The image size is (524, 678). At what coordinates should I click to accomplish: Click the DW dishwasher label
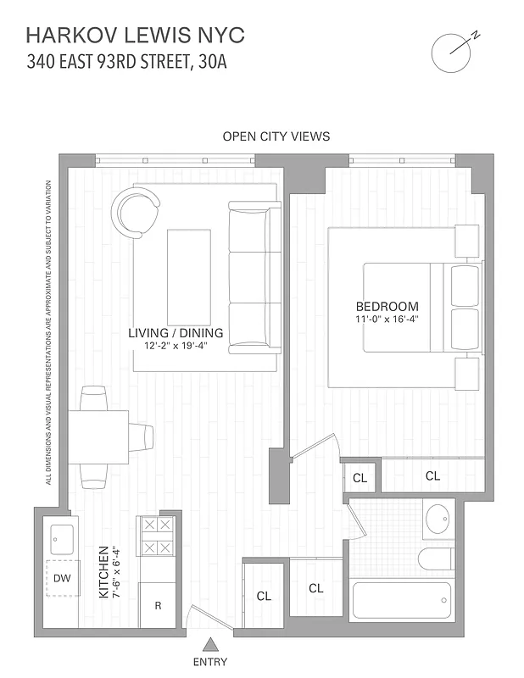(x=61, y=578)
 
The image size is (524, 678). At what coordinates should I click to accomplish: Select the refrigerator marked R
(x=158, y=605)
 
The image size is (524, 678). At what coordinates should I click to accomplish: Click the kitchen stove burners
(x=157, y=536)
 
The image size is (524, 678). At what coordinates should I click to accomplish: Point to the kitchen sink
(x=61, y=536)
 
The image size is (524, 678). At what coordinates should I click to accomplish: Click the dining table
(x=99, y=436)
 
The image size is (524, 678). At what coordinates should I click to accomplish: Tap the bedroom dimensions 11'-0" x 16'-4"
(x=387, y=320)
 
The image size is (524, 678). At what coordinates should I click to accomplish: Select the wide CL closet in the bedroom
(x=432, y=476)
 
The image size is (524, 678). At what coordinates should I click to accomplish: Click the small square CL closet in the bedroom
(x=360, y=478)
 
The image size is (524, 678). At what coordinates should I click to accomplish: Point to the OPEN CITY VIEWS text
(x=276, y=136)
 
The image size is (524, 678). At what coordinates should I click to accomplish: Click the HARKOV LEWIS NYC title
(x=136, y=35)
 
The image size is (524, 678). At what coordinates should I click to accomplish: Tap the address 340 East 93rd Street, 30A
(x=126, y=61)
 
